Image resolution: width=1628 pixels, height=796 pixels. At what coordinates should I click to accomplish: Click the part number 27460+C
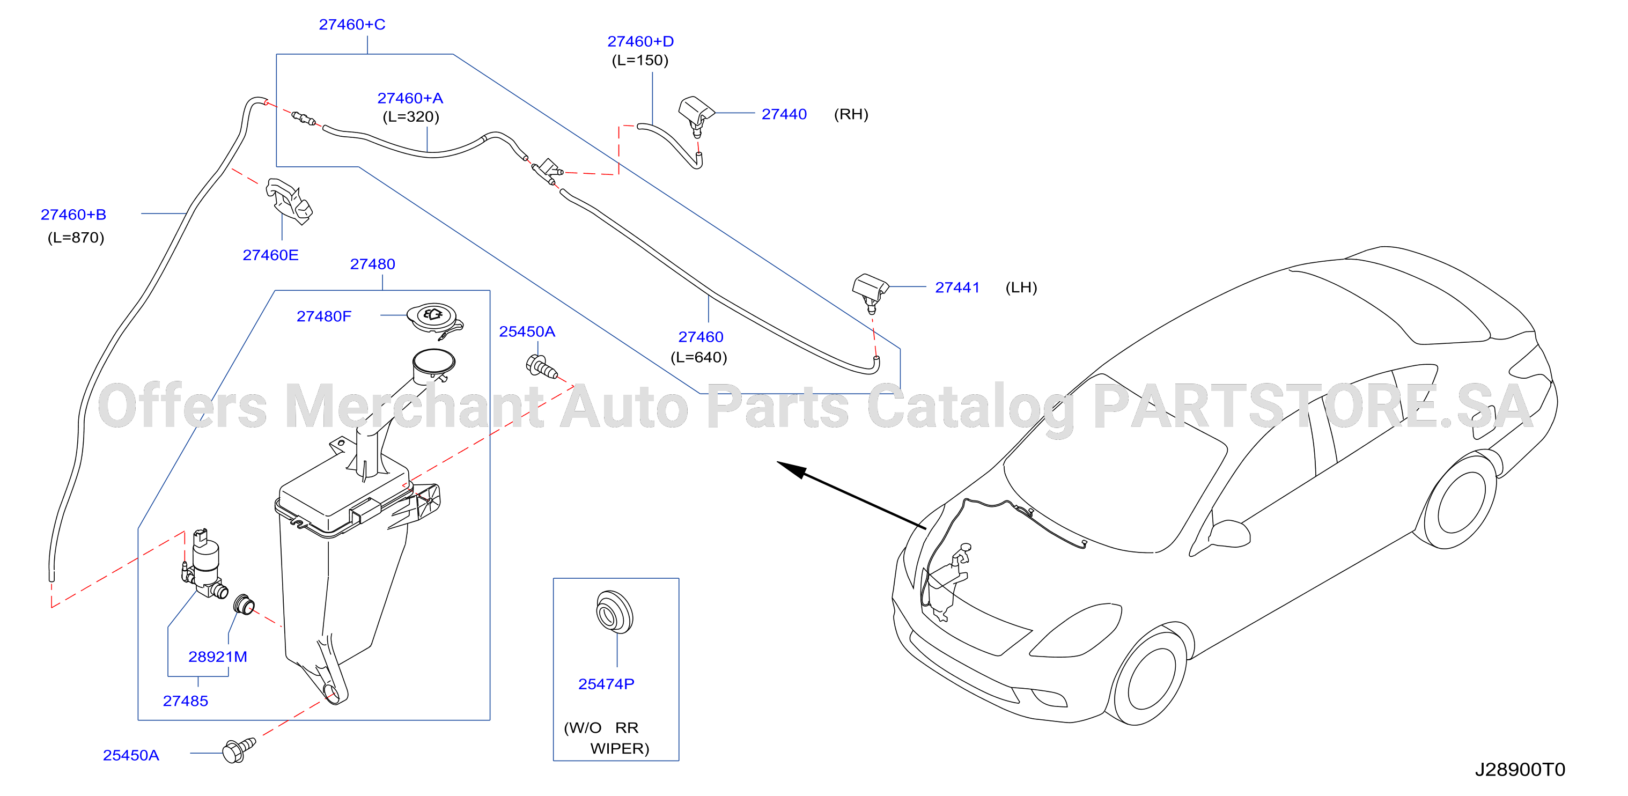352,25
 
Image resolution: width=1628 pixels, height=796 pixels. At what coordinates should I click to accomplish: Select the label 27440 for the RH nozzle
784,114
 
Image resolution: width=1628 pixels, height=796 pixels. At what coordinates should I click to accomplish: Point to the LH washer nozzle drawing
870,292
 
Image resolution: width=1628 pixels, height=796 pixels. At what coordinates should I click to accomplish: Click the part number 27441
957,288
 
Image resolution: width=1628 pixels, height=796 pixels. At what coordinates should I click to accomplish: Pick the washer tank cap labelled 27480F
435,320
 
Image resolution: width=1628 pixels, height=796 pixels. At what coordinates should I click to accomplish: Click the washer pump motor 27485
204,564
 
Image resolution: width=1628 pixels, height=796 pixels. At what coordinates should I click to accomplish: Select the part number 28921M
217,657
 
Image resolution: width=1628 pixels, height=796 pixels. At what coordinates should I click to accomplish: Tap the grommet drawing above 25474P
614,611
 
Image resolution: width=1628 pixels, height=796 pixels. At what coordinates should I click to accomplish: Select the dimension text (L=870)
76,238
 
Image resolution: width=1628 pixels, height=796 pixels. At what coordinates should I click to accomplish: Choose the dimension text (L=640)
699,358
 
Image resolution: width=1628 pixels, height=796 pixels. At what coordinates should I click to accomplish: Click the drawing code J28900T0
1520,770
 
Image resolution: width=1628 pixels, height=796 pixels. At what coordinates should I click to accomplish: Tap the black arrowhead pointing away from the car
792,469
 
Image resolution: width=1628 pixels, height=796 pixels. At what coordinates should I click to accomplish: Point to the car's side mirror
1229,534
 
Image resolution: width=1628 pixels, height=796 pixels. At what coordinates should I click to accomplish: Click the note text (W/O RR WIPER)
607,738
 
